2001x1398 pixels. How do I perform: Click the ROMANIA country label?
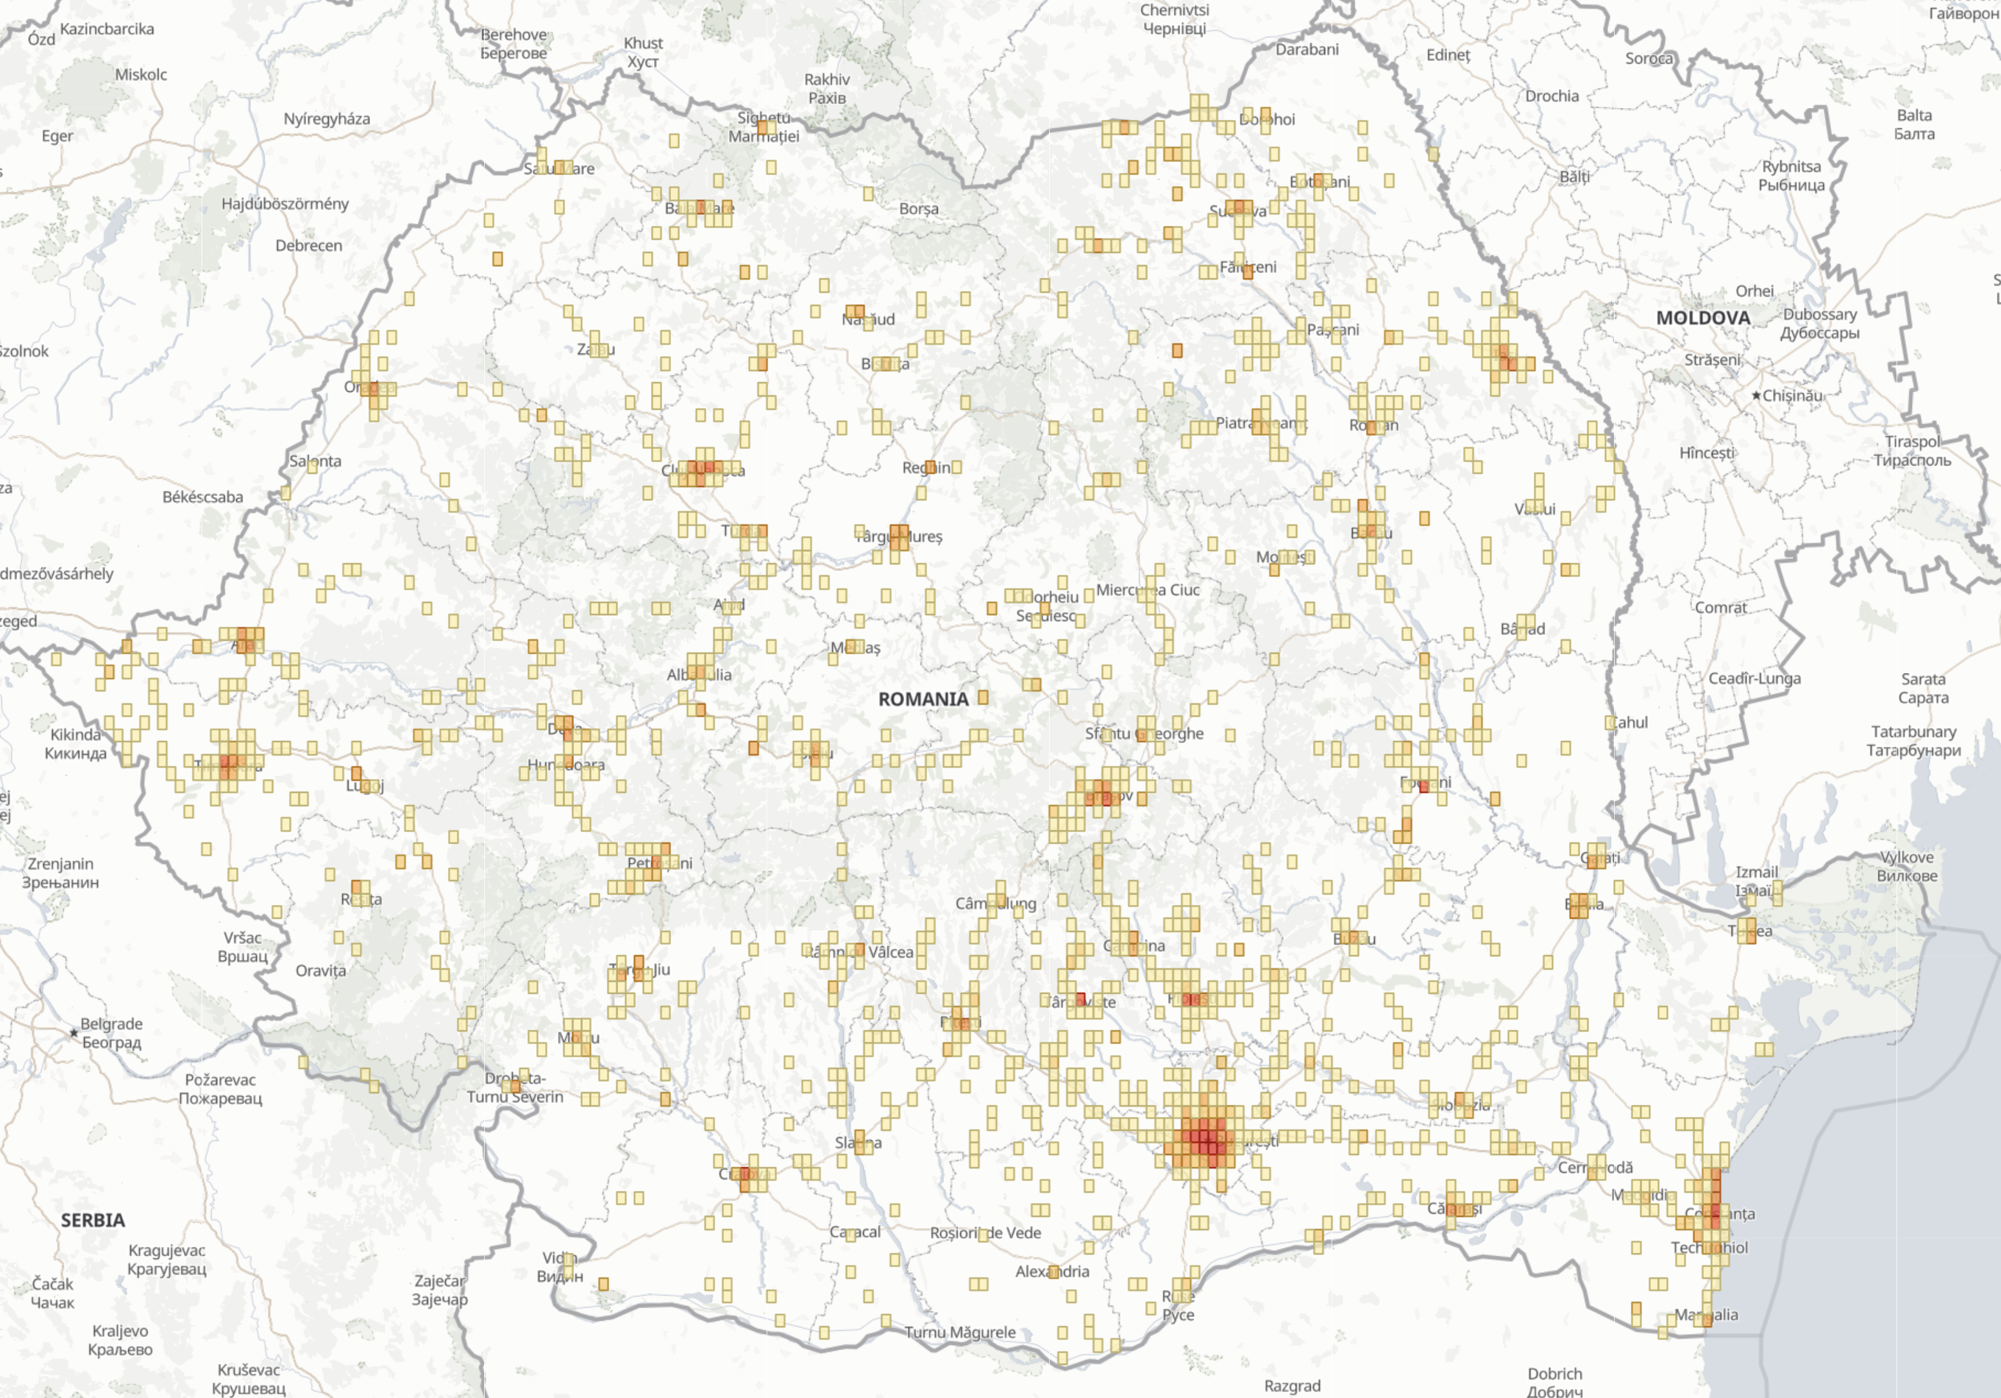point(923,699)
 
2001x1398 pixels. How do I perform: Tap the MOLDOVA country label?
point(1702,318)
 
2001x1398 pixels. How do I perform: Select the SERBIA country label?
point(93,1220)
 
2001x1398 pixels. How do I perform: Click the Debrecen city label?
point(308,246)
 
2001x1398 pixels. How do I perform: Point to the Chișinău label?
point(1792,396)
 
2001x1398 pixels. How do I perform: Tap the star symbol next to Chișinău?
point(1755,396)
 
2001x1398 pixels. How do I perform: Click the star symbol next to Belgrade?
point(74,1033)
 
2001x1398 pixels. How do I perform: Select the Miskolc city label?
point(141,75)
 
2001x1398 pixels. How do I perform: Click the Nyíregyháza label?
point(326,119)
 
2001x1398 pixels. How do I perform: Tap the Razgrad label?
point(1292,1385)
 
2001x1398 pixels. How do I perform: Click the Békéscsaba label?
point(202,497)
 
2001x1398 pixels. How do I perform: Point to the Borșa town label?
point(919,209)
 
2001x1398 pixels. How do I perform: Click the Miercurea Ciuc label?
point(1148,590)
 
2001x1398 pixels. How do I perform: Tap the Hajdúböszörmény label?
point(284,204)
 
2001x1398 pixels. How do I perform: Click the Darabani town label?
point(1307,50)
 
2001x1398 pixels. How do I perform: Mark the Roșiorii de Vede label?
point(985,1232)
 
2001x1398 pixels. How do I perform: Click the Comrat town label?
point(1721,608)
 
